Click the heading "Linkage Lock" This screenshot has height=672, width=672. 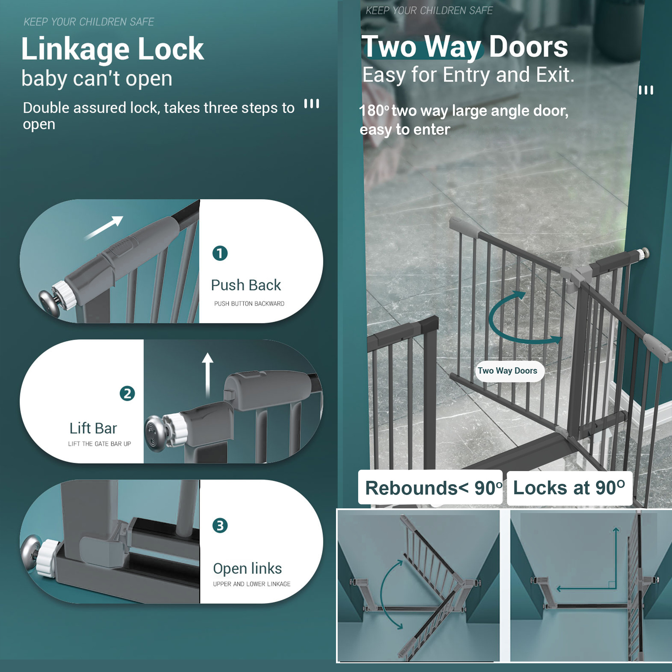click(x=112, y=49)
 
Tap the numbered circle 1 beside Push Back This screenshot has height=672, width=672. click(x=220, y=253)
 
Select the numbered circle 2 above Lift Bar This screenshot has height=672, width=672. click(x=127, y=393)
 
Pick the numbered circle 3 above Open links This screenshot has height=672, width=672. click(x=220, y=526)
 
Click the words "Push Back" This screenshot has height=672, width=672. click(x=246, y=285)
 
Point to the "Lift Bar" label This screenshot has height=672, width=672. click(x=93, y=428)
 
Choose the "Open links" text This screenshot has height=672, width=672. click(x=247, y=569)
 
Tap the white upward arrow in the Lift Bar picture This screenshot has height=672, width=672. click(x=208, y=374)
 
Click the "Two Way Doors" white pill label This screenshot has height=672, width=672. click(x=507, y=371)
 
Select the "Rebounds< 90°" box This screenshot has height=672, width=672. click(x=430, y=488)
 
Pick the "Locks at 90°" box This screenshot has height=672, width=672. click(x=569, y=488)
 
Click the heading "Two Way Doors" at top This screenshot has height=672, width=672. click(x=465, y=47)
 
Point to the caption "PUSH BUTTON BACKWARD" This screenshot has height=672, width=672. click(x=249, y=304)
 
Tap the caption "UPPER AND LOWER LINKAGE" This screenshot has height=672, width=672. click(x=251, y=584)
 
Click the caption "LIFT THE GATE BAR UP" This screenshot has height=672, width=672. click(x=99, y=444)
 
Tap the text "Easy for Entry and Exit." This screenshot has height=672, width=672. click(x=468, y=75)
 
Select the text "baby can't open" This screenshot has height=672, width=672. click(x=97, y=78)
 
